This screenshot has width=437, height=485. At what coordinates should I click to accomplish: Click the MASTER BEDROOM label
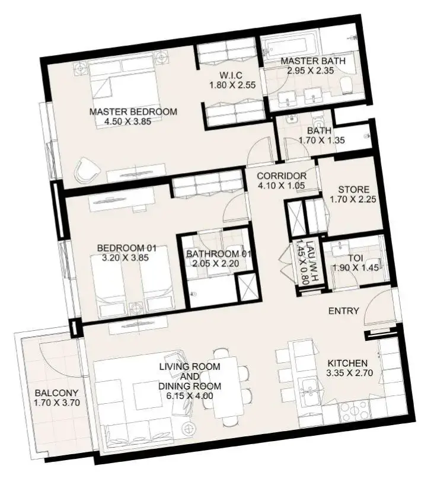tap(133, 111)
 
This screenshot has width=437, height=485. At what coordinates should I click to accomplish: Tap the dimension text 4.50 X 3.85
tap(127, 121)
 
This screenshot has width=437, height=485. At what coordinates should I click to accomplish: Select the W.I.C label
tap(231, 75)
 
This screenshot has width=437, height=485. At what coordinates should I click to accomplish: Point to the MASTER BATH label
tap(312, 60)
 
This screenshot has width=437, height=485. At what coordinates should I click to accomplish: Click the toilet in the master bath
tap(346, 85)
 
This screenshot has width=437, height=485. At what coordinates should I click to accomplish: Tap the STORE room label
tap(353, 189)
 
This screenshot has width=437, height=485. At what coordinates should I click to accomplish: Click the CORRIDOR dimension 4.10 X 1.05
tap(281, 186)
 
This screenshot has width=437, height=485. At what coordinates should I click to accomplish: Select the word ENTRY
tap(343, 311)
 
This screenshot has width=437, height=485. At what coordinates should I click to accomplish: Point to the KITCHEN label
tap(347, 363)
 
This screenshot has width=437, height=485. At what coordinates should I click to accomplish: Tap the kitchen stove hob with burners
tap(354, 411)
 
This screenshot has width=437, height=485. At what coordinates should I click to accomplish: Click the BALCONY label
tap(56, 393)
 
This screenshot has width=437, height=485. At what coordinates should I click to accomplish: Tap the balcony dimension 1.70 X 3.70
tap(57, 403)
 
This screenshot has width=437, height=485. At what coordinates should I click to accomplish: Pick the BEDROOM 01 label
tap(126, 248)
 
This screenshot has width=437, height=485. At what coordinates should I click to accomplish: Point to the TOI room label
tap(356, 258)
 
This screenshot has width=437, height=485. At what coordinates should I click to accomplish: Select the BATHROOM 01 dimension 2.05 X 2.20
tap(215, 264)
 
